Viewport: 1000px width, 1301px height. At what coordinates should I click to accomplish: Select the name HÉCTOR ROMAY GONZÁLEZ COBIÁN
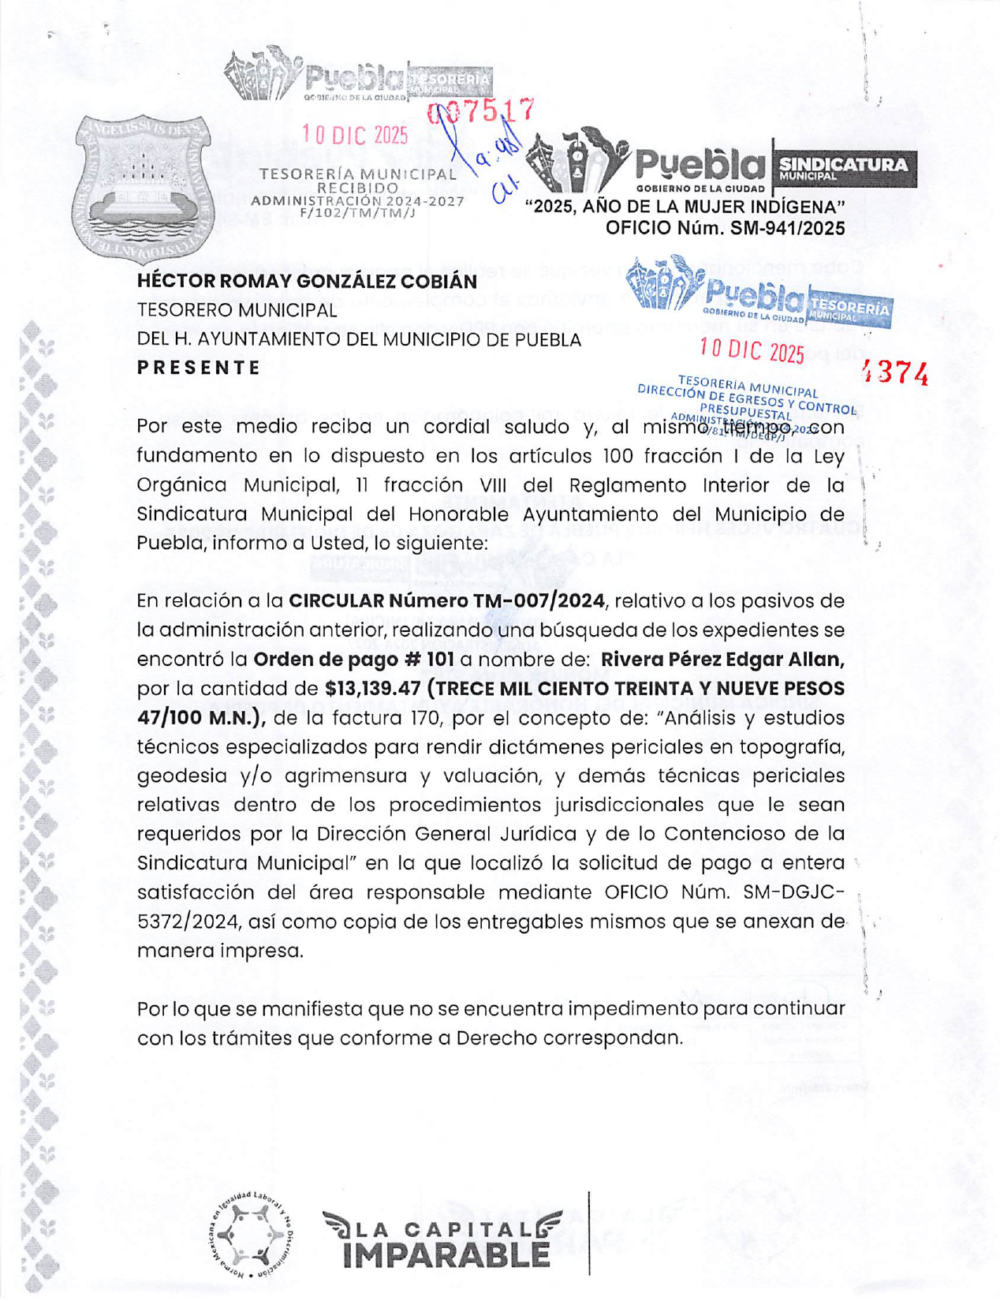(x=307, y=282)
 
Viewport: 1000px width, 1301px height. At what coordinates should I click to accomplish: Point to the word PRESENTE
(x=199, y=368)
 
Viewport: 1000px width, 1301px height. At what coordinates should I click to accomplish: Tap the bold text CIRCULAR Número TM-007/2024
(x=447, y=601)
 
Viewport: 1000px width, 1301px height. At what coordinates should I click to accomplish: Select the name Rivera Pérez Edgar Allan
(x=722, y=660)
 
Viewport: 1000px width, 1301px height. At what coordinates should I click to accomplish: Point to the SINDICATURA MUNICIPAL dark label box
(x=843, y=168)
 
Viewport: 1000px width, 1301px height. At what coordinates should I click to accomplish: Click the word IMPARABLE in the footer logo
(x=446, y=1254)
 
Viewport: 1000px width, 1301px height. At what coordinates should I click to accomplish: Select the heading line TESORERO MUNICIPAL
(x=237, y=311)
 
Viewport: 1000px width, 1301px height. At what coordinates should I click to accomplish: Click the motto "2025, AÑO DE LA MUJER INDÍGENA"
(x=685, y=207)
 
